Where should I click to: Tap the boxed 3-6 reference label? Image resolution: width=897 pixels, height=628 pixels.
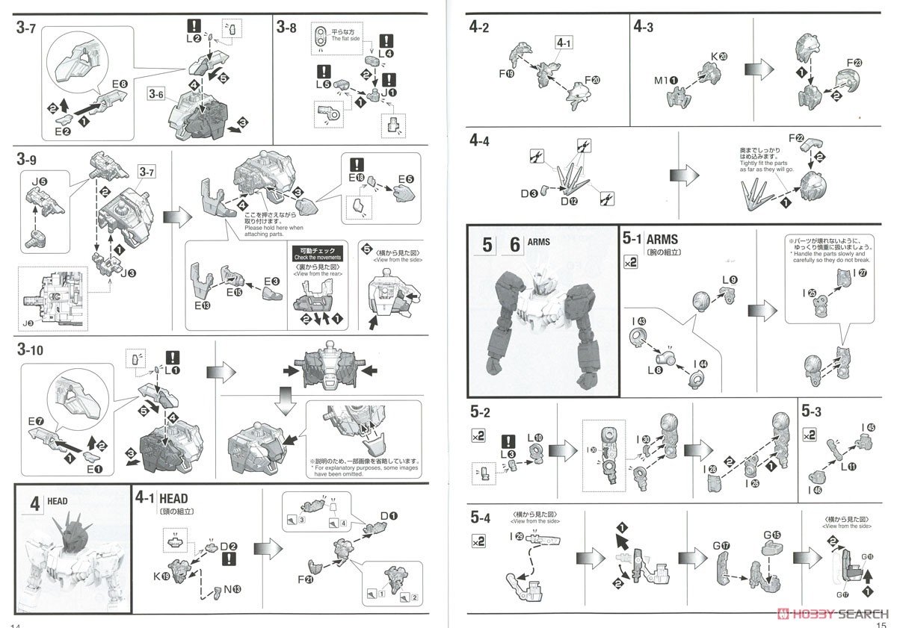pos(157,95)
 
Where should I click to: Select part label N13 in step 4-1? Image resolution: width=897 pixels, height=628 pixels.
pos(233,588)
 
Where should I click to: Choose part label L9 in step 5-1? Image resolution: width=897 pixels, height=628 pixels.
pos(729,280)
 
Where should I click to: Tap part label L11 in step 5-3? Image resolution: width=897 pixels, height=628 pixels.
pos(848,467)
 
